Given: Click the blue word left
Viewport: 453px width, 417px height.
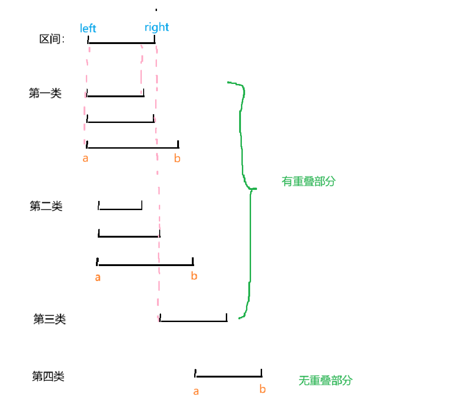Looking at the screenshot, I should pyautogui.click(x=88, y=28).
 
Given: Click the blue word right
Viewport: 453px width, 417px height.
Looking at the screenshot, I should pyautogui.click(x=157, y=27).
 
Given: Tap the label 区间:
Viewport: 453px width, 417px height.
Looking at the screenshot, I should pyautogui.click(x=52, y=39).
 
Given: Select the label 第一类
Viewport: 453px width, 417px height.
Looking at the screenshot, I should pyautogui.click(x=45, y=94).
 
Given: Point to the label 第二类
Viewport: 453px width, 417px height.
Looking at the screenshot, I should pyautogui.click(x=46, y=206).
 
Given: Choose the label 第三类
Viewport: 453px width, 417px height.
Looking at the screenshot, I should pyautogui.click(x=50, y=319).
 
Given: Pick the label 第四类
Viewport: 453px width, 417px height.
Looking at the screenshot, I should pyautogui.click(x=48, y=377).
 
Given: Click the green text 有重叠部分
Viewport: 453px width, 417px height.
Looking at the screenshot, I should pyautogui.click(x=308, y=181).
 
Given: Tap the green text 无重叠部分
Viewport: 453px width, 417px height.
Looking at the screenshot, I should pyautogui.click(x=325, y=380).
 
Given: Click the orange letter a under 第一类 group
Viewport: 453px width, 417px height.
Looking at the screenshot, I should pyautogui.click(x=85, y=159).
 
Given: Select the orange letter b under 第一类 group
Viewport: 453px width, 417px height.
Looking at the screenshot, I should pyautogui.click(x=177, y=159).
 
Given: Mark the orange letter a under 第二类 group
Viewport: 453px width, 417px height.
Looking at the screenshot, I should pyautogui.click(x=98, y=277).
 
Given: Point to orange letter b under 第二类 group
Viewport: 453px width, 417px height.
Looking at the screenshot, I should pyautogui.click(x=194, y=276).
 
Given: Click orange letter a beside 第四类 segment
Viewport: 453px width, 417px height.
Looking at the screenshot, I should pyautogui.click(x=196, y=391).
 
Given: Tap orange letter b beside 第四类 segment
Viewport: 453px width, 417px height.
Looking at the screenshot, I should pyautogui.click(x=263, y=389).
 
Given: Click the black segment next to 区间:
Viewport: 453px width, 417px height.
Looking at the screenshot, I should pyautogui.click(x=122, y=43).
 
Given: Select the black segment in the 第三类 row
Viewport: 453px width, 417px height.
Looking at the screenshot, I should pyautogui.click(x=193, y=321).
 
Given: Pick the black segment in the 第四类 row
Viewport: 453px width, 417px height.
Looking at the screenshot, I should pyautogui.click(x=229, y=377).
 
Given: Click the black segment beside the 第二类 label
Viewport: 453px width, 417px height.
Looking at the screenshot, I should pyautogui.click(x=120, y=209).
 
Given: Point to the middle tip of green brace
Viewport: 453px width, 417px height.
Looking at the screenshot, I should pyautogui.click(x=254, y=189).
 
